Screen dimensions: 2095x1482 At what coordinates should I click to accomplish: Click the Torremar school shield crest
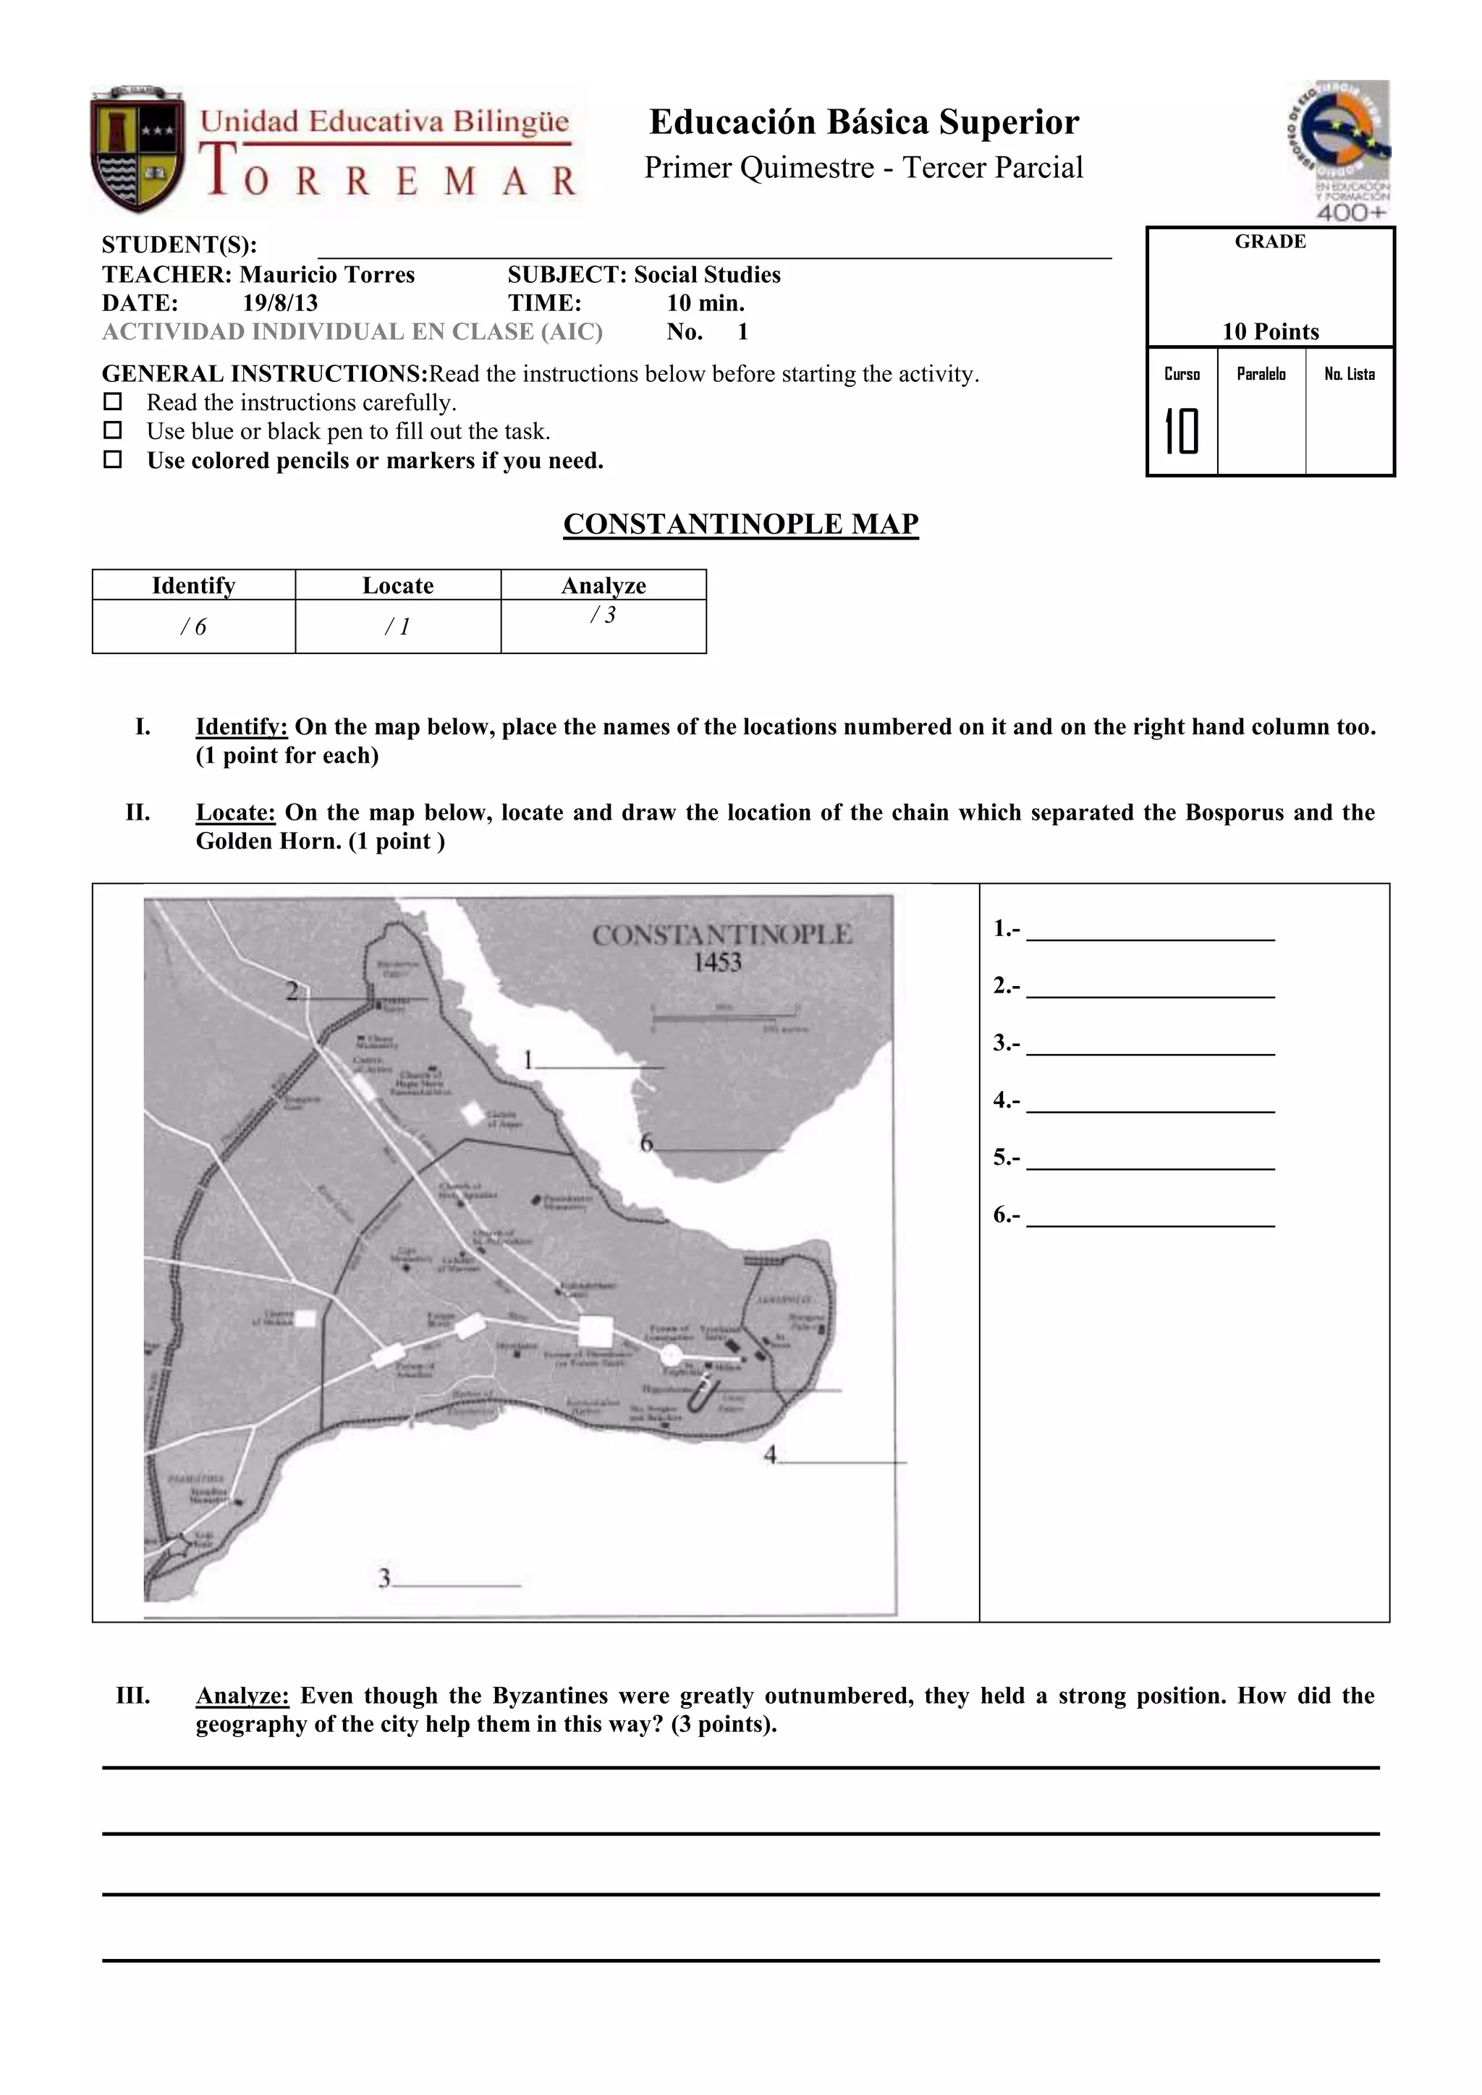[x=137, y=150]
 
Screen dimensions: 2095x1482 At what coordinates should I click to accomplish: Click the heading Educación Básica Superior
[x=863, y=122]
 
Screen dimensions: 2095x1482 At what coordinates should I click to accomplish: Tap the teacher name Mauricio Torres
[x=326, y=275]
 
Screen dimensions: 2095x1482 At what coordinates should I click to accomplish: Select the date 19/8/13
[x=279, y=303]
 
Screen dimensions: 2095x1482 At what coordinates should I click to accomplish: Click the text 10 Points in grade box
[x=1270, y=331]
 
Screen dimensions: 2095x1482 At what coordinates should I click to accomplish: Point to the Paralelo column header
[x=1261, y=374]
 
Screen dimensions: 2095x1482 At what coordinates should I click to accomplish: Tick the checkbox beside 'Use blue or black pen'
[x=112, y=430]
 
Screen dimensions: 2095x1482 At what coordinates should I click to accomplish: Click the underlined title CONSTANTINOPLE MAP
[x=740, y=524]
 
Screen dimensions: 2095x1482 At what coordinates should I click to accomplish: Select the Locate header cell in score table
[x=398, y=586]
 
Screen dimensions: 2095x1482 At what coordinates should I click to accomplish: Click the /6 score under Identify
[x=193, y=627]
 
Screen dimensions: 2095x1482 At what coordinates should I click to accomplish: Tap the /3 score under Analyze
[x=604, y=615]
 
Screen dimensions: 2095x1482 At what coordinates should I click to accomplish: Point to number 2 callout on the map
[x=293, y=991]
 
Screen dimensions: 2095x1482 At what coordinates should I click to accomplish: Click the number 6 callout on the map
[x=646, y=1142]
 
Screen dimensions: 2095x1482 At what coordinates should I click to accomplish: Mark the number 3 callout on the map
[x=384, y=1578]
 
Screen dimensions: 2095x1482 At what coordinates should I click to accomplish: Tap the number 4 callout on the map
[x=770, y=1455]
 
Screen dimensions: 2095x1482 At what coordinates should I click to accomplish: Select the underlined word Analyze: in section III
[x=242, y=1696]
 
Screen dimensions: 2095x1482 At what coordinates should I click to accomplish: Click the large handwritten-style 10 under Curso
[x=1181, y=432]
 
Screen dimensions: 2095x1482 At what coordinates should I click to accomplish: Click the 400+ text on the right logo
[x=1352, y=213]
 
